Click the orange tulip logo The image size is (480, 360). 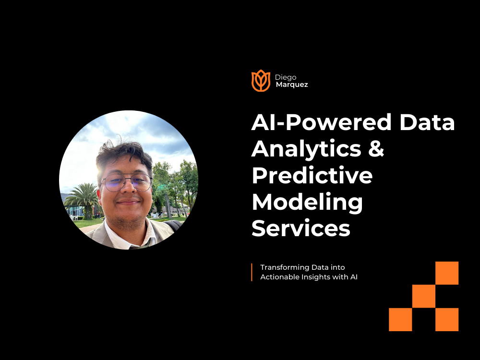(261, 80)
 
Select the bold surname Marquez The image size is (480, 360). (291, 84)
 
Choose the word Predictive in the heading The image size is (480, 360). (312, 175)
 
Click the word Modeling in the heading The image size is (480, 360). (307, 202)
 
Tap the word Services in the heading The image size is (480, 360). (301, 228)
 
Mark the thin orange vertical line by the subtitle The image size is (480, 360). (252, 272)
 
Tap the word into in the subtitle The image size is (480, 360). (337, 267)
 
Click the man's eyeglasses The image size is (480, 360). (127, 182)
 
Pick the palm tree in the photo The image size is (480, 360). (83, 197)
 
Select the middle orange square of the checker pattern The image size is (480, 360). (424, 296)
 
